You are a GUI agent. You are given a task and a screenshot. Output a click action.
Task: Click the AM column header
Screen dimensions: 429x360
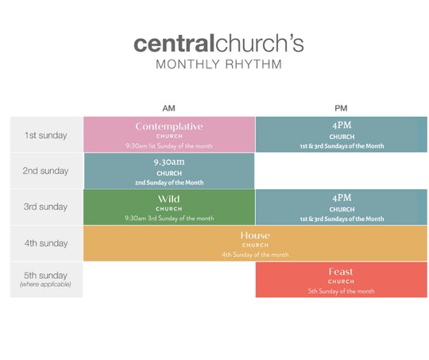tap(168, 108)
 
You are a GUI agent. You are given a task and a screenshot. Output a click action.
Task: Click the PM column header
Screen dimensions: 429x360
tap(341, 108)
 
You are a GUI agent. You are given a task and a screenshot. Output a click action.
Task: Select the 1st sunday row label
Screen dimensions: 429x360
tap(46, 135)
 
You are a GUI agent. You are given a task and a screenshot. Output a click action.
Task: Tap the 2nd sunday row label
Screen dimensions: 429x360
tap(45, 171)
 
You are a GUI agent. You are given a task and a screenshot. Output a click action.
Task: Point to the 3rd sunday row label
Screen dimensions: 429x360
tap(45, 207)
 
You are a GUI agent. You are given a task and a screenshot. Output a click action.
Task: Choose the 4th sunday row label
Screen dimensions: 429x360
tap(46, 243)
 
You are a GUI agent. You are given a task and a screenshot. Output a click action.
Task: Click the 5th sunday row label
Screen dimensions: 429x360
tap(45, 276)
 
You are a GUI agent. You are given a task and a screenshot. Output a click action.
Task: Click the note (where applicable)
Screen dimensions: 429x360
tap(45, 285)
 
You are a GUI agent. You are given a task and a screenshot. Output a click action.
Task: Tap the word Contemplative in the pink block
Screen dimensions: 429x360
tap(169, 126)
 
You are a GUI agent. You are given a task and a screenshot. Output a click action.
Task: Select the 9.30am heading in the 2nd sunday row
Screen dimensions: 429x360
tap(169, 162)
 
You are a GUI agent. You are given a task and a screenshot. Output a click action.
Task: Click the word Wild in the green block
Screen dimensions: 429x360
tap(168, 199)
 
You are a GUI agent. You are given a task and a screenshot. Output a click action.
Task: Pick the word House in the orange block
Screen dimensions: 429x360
tap(255, 235)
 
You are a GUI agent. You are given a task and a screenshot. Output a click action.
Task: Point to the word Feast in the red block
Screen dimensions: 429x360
tap(341, 272)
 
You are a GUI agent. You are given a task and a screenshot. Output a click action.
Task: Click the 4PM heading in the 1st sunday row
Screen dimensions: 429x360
tap(342, 125)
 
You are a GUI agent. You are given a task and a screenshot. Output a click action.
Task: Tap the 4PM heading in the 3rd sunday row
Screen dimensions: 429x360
tap(342, 198)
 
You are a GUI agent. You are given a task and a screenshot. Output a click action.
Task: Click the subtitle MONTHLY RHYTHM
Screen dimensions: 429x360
tap(219, 64)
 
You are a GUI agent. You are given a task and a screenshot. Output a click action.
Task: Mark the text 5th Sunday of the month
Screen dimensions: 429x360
tap(341, 291)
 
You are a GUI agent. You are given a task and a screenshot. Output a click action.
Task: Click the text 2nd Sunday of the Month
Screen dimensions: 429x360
tap(169, 183)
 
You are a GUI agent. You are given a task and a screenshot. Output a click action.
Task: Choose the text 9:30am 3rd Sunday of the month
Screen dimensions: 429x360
tap(169, 219)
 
